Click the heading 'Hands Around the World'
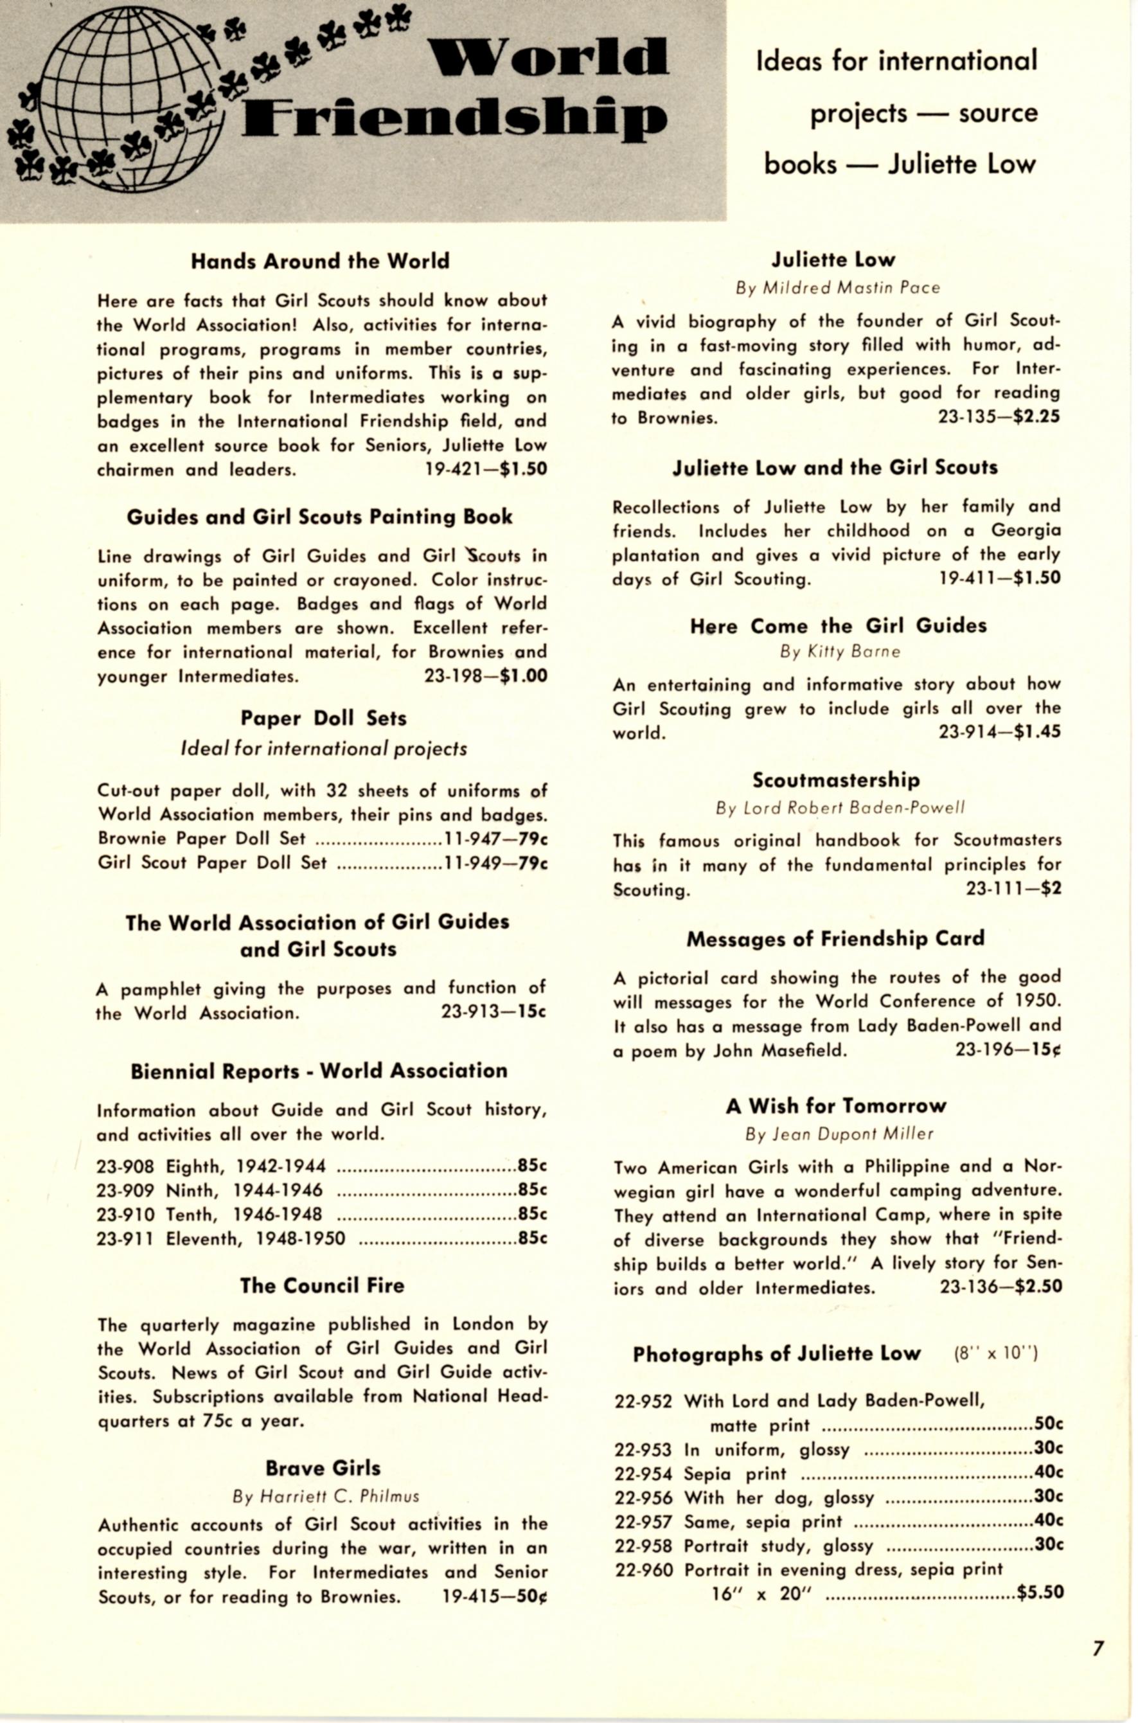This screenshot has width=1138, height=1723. coord(320,262)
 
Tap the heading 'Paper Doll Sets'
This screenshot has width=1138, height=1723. coord(324,718)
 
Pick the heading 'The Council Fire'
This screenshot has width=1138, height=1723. coord(322,1285)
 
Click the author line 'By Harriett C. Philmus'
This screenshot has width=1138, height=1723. coord(326,1496)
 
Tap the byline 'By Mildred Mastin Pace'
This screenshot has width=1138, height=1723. coord(837,288)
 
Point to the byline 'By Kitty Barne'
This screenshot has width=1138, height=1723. coord(840,652)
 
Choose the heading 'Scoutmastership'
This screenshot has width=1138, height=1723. coord(836,780)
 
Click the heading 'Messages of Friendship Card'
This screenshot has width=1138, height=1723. coord(835,938)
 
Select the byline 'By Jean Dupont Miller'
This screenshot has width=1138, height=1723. coord(839,1134)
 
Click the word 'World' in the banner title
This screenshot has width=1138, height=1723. coord(547,58)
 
